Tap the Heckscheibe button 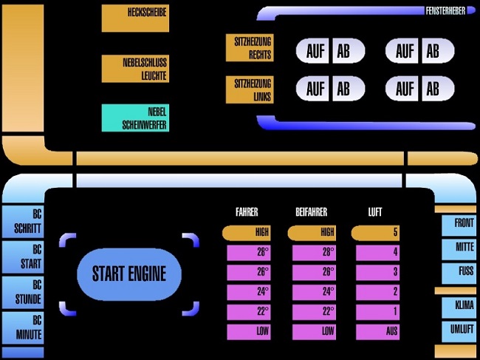(135, 18)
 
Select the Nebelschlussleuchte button (135, 69)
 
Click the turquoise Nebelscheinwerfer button (135, 118)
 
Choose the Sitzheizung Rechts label (250, 48)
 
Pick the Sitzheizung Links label (250, 90)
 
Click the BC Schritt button (23, 222)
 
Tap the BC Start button (23, 257)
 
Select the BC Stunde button (23, 293)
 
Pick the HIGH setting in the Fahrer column (248, 233)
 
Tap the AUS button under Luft (377, 332)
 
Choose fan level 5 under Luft (377, 233)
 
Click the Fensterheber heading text (446, 10)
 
